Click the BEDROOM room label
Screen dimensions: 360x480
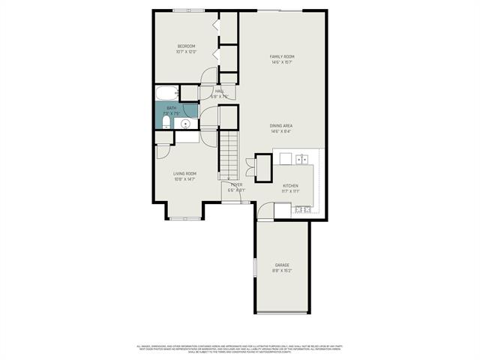coord(186,46)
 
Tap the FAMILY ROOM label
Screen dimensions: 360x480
coord(282,57)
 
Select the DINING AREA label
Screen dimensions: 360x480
coord(282,126)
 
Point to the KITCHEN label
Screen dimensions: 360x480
coord(291,185)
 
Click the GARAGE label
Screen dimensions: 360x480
coord(282,265)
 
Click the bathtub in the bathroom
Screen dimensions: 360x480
coord(167,94)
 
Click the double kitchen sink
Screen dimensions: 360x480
coord(301,159)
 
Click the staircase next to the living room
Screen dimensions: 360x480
coord(229,154)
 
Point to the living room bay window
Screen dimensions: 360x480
coord(184,218)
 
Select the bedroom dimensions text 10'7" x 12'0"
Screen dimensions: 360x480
coord(186,52)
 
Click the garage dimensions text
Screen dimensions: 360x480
coord(282,270)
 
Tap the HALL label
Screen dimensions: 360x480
coord(219,91)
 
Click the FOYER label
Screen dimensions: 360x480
coord(236,184)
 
